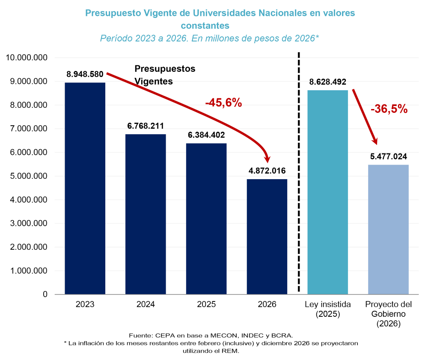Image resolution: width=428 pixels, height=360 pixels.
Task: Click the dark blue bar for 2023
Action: point(85,188)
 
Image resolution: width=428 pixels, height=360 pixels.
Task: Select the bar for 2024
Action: point(146,214)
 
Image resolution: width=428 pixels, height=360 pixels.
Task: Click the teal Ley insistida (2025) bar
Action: point(328,192)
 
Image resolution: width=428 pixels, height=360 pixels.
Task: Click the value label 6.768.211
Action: point(146,126)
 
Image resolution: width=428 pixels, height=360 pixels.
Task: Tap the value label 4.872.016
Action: point(267,171)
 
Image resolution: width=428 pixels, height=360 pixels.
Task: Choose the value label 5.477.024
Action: point(389,156)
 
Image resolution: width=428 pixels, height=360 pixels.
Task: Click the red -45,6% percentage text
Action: point(223,103)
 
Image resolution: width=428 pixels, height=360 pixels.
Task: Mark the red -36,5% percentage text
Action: point(389,109)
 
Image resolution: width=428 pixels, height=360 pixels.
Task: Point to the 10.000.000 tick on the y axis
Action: point(27,58)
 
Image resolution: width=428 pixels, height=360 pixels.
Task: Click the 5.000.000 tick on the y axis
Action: point(27,176)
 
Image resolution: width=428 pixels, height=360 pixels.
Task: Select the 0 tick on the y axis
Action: point(45,295)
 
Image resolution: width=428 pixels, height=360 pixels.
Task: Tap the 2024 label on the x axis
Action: point(146,305)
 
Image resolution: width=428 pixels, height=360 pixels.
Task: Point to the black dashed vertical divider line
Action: point(299,171)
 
